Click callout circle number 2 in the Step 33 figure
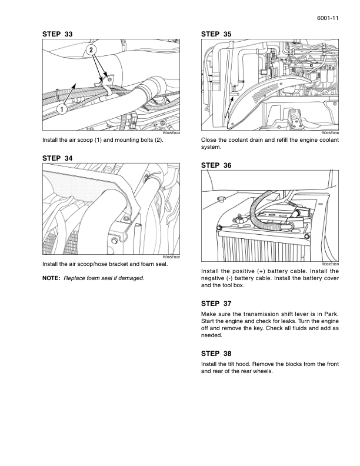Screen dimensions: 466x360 pyautogui.click(x=91, y=51)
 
